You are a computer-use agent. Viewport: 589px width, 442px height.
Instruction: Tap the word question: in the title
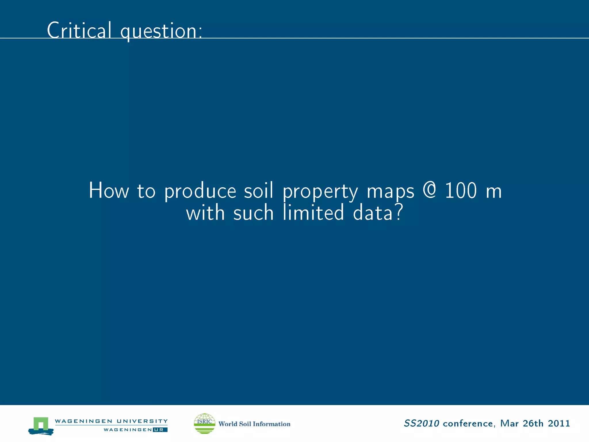(x=161, y=31)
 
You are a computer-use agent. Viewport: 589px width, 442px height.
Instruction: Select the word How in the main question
(x=109, y=190)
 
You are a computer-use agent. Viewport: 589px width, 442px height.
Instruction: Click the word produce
(x=200, y=191)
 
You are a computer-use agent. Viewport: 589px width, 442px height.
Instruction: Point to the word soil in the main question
(x=259, y=190)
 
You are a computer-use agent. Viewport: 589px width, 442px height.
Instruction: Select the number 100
(x=461, y=190)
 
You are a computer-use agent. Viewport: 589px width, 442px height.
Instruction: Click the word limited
(x=313, y=212)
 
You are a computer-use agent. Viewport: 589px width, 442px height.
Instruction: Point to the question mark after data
(x=399, y=212)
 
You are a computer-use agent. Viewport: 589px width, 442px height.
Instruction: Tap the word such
(x=253, y=213)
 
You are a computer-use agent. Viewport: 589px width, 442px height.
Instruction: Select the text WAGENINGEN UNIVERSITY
(x=111, y=421)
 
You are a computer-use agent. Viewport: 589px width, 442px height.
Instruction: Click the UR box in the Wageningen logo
(x=160, y=430)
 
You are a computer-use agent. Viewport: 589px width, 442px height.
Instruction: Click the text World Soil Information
(x=254, y=424)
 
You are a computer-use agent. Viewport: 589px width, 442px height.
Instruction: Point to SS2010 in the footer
(x=421, y=423)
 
